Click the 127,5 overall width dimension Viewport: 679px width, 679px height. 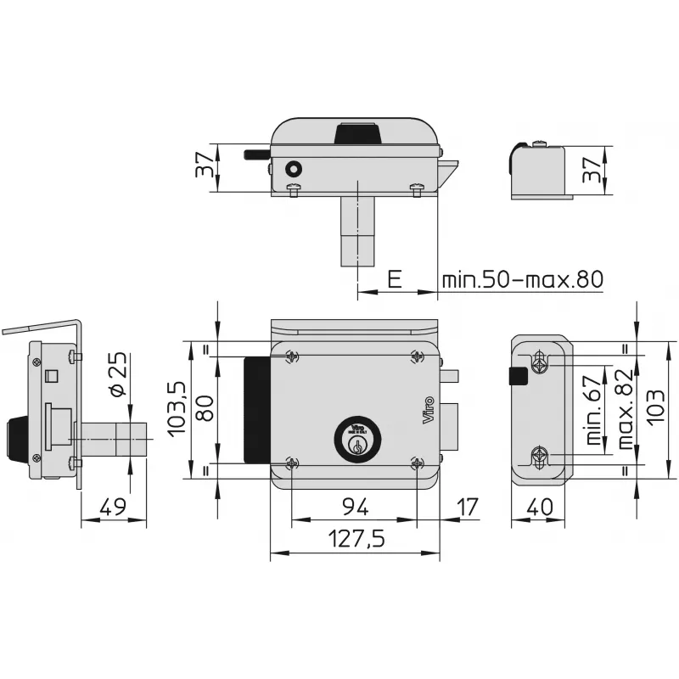(x=355, y=540)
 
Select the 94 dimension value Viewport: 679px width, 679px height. (x=355, y=508)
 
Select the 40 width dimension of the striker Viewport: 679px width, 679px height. (x=540, y=508)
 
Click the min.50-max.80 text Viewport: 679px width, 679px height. (x=521, y=279)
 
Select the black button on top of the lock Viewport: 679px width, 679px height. (x=356, y=133)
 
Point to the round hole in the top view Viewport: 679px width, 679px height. (x=293, y=170)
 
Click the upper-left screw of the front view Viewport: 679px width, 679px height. (x=292, y=356)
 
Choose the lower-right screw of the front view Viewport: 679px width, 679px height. (x=416, y=463)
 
